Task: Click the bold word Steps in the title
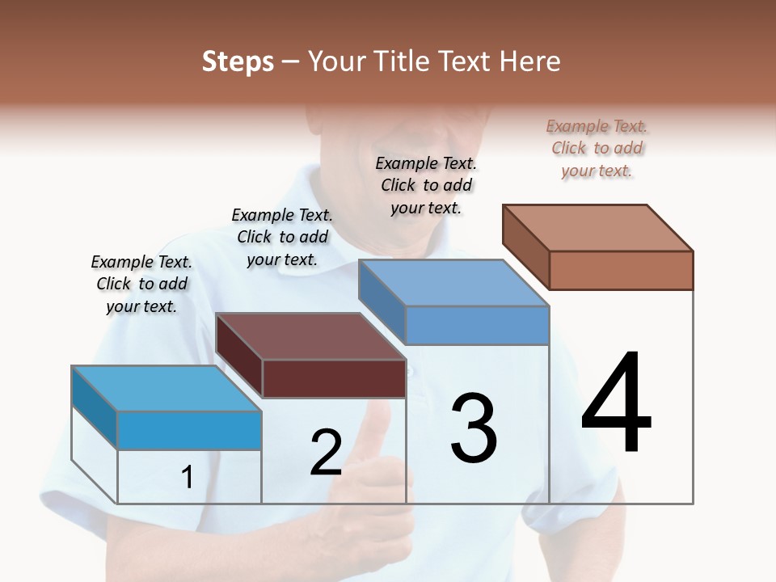[238, 61]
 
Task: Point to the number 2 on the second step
[326, 453]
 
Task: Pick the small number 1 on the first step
[187, 477]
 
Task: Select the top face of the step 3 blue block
[453, 283]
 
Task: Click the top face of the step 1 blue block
[167, 389]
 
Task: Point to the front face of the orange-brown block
[621, 270]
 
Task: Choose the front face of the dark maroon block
[334, 378]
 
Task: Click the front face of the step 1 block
[189, 430]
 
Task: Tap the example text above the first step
[141, 284]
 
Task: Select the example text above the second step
[282, 237]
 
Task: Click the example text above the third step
[426, 185]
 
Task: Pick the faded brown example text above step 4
[597, 148]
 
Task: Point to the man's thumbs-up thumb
[377, 420]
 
